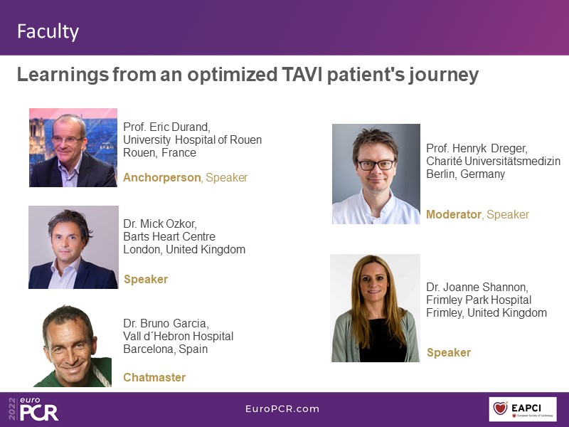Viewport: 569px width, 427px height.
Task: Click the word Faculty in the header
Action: point(48,31)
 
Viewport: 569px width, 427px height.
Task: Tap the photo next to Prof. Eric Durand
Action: point(73,147)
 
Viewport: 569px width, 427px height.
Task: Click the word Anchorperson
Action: point(162,177)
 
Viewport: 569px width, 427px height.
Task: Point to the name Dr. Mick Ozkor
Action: point(160,223)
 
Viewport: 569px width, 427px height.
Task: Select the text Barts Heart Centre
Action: point(169,237)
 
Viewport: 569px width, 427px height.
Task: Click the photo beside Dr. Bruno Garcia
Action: point(73,346)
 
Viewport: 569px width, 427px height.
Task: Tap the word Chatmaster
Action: point(154,377)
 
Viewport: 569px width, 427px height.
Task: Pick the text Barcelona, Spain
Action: point(166,349)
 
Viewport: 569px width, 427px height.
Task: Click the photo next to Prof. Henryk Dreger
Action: point(376,174)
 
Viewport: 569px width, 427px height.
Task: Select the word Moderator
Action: point(454,215)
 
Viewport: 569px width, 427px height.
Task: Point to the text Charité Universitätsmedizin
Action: point(493,162)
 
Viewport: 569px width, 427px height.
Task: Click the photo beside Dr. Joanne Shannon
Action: point(376,308)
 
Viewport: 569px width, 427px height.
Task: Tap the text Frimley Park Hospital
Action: point(479,300)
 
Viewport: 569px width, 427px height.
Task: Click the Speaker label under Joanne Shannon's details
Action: point(449,352)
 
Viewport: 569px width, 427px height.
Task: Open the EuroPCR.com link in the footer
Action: point(282,408)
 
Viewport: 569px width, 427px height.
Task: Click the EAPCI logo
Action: point(523,409)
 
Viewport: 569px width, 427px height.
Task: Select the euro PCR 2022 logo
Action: point(33,408)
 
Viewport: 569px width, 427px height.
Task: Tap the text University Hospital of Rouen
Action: point(192,140)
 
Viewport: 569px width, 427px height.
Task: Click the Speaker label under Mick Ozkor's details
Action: point(146,279)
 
